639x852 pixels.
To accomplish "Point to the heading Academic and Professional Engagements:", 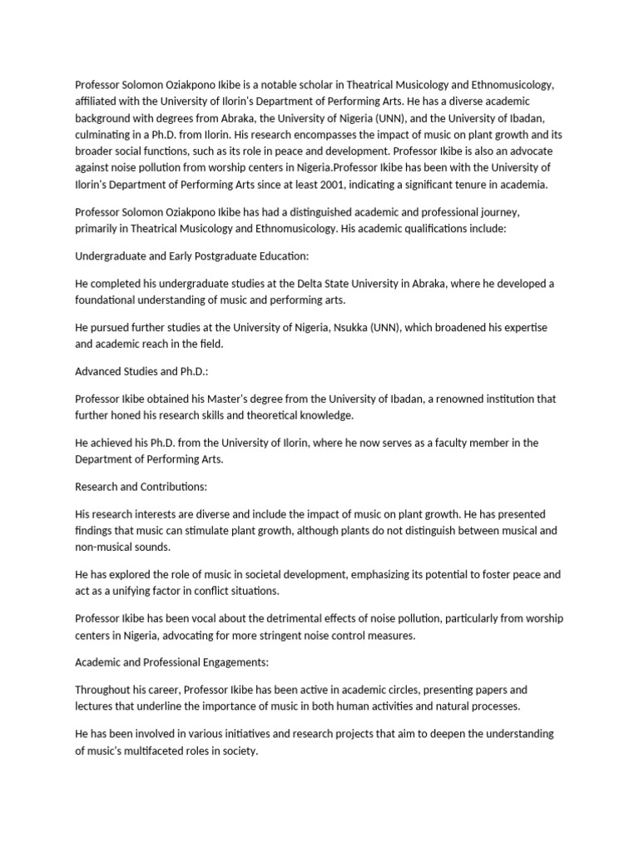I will pyautogui.click(x=172, y=663).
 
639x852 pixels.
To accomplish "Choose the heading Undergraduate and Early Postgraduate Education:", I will pyautogui.click(x=192, y=255).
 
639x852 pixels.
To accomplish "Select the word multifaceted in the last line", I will pyautogui.click(x=156, y=750).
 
